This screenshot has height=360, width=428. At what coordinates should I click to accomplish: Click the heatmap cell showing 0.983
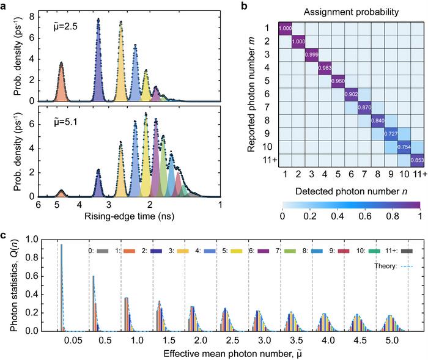pos(327,68)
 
